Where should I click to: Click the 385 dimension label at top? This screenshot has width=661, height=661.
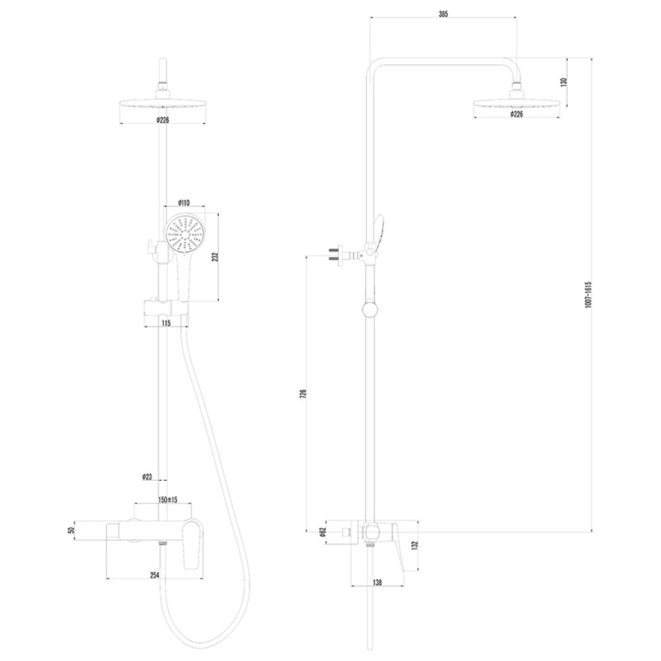443,14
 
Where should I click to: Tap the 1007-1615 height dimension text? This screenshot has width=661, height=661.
588,294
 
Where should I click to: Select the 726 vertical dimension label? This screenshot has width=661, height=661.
303,393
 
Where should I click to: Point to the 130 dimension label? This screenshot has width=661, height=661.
564,82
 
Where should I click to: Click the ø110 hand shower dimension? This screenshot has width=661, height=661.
184,203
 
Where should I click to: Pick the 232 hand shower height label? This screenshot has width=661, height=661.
215,257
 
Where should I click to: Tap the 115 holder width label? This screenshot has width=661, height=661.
166,323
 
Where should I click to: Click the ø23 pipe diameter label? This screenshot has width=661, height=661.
147,477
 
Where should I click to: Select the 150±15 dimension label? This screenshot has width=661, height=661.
168,500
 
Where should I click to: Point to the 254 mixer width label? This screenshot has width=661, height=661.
155,575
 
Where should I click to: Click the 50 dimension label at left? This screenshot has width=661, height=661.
71,531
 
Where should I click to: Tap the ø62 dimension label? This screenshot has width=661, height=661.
323,532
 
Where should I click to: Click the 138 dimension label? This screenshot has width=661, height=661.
377,583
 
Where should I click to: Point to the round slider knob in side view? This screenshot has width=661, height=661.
370,310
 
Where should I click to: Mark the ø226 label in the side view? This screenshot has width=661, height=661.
516,114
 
